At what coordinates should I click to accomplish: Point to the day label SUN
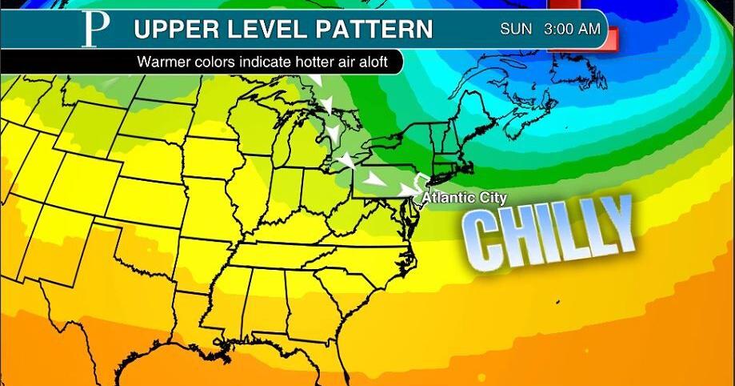coord(517,30)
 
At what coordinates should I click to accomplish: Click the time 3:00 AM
coord(571,30)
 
